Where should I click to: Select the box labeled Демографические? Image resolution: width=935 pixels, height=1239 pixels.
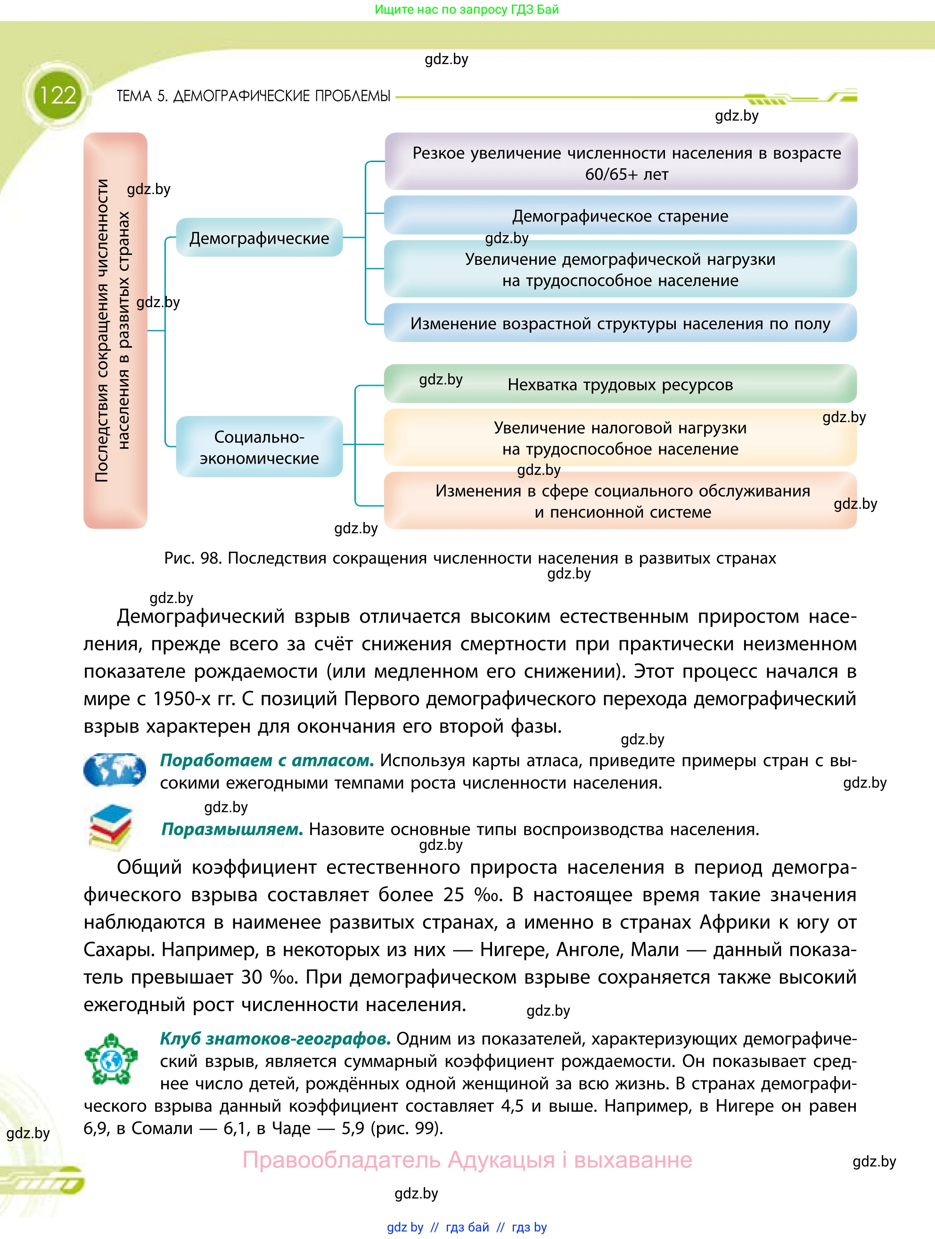point(259,238)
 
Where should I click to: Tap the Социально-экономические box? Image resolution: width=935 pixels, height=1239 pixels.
point(259,447)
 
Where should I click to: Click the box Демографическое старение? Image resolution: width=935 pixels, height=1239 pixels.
point(620,216)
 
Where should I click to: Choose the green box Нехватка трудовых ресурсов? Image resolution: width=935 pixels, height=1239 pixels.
point(620,385)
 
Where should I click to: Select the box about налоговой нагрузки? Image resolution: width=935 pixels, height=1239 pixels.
point(620,438)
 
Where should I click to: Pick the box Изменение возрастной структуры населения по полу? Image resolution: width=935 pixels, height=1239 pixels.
point(620,324)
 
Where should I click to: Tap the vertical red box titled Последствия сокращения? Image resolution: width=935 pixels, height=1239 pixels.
point(115,330)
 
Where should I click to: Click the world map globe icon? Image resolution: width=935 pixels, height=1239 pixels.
point(115,770)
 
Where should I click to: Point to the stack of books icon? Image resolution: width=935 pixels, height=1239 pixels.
point(111,827)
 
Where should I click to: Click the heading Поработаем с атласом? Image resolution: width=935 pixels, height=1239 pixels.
point(267,760)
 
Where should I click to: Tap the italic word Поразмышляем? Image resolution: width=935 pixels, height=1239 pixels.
point(232,829)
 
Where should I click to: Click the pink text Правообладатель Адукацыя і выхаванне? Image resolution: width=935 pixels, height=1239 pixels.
point(467,1159)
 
